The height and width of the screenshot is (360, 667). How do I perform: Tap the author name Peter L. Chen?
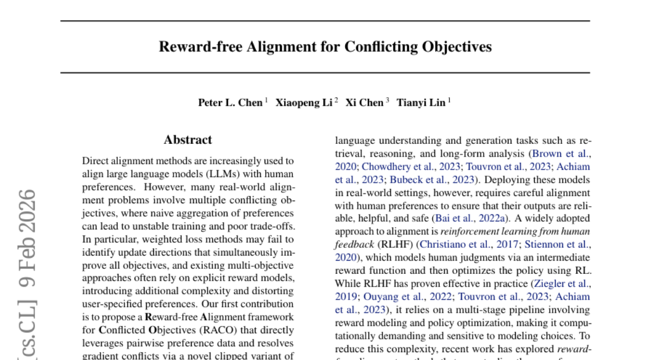(230, 103)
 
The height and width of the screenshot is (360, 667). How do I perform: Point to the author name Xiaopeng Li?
(303, 103)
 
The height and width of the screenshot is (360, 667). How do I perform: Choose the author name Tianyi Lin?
(420, 103)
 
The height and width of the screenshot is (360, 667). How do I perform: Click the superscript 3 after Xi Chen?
(387, 101)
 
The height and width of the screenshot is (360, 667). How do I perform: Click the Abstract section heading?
(188, 140)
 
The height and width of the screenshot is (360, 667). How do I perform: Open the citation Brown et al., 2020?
(561, 153)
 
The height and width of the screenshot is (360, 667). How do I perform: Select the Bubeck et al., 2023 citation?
(431, 179)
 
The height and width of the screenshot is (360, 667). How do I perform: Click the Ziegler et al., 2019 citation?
(561, 283)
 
